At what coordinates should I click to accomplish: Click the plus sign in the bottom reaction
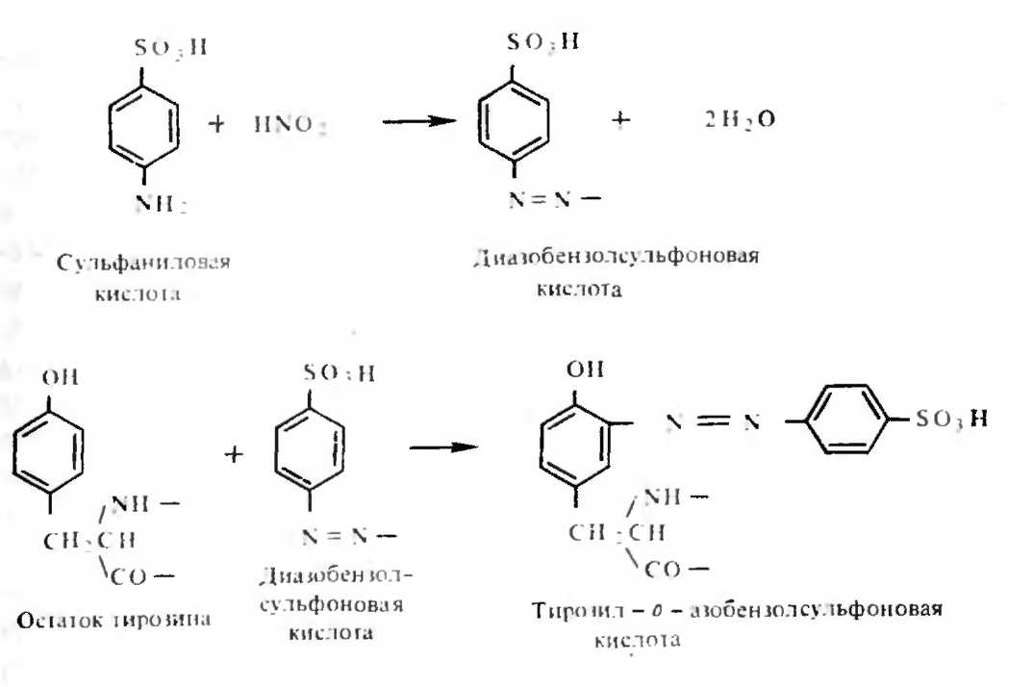click(231, 451)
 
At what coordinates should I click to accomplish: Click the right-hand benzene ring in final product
click(843, 420)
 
